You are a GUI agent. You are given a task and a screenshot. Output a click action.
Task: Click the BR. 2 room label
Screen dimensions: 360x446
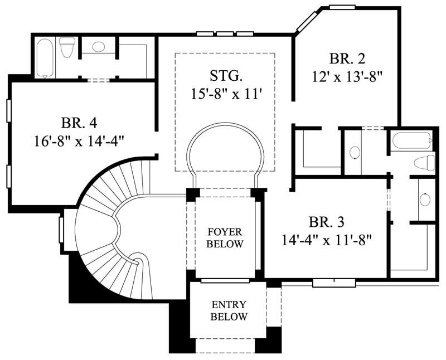(348, 59)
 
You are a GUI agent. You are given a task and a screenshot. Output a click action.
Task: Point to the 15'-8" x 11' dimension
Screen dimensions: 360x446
(225, 92)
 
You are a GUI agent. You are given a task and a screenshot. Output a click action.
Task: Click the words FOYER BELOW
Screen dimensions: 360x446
(225, 237)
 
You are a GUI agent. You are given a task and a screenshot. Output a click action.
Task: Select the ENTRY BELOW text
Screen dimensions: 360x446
(229, 311)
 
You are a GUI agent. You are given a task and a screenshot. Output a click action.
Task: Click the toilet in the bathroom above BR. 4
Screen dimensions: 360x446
(67, 47)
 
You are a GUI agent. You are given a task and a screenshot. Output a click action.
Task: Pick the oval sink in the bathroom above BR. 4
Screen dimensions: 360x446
(99, 47)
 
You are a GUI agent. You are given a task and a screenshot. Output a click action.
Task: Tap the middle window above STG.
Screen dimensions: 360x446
(225, 35)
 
